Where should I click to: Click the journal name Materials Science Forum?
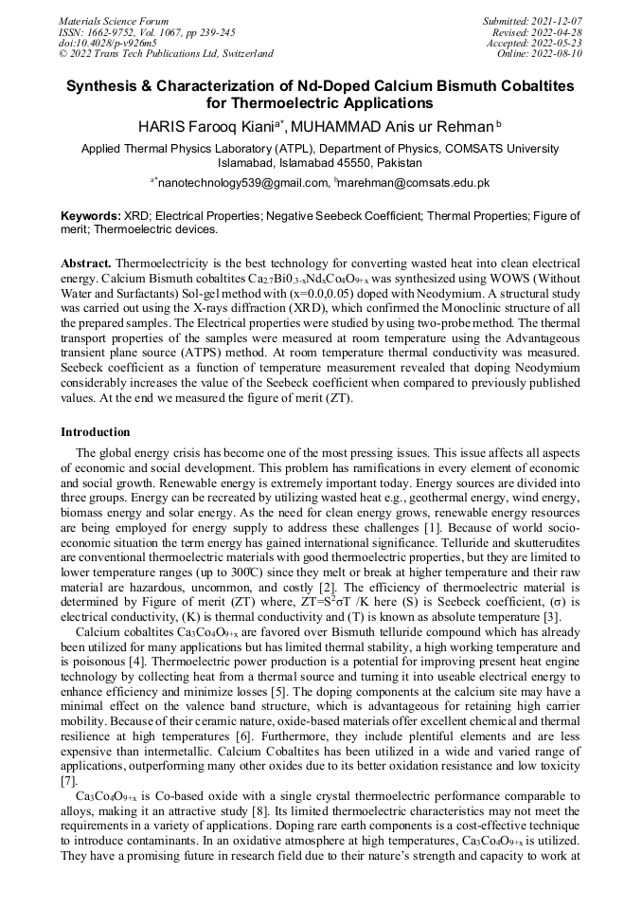tap(114, 20)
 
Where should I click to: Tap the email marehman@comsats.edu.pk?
tap(414, 182)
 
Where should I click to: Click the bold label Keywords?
tap(91, 217)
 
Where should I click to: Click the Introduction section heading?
tap(96, 432)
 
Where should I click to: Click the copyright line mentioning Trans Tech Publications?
tap(165, 54)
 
